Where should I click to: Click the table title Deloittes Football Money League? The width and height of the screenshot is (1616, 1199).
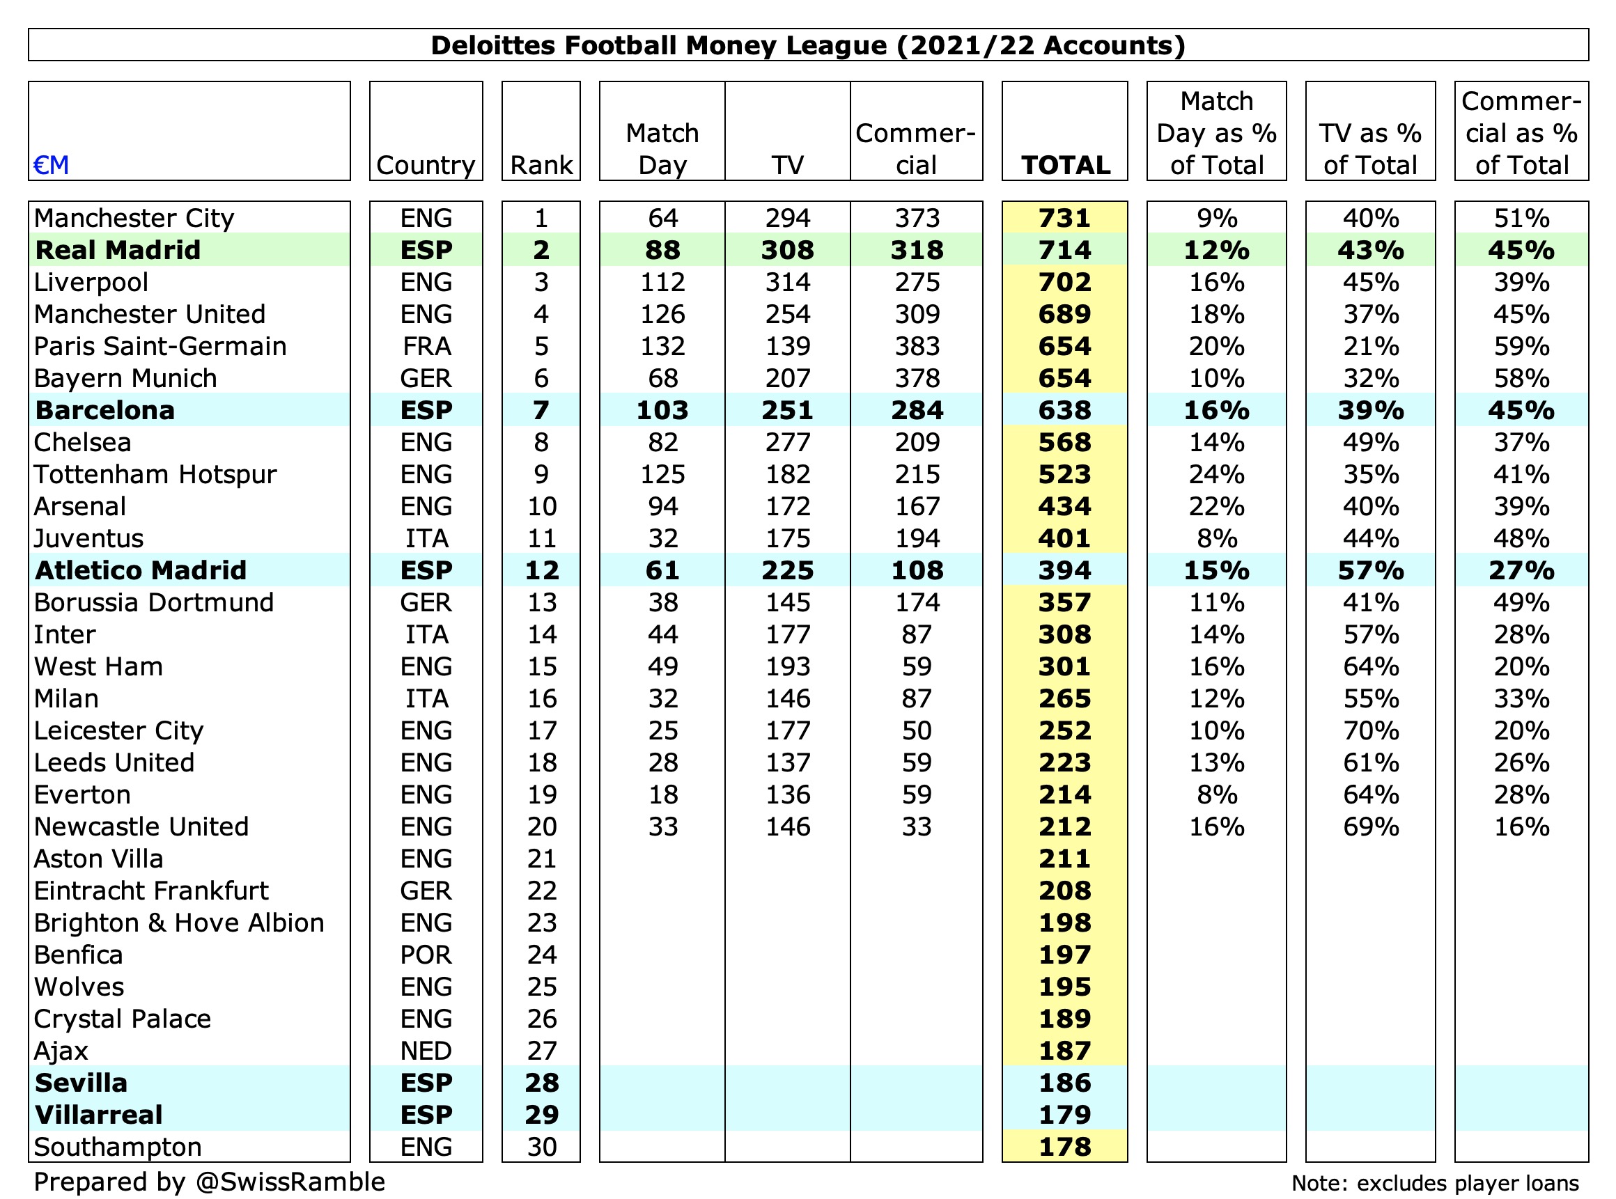(807, 45)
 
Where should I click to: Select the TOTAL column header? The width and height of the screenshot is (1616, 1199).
(1065, 165)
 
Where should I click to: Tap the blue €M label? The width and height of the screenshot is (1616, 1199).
(51, 165)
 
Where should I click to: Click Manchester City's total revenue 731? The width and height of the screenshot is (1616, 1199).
(1064, 218)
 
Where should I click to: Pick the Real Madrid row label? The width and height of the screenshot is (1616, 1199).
(118, 250)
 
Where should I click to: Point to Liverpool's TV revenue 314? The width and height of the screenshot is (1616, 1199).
(788, 281)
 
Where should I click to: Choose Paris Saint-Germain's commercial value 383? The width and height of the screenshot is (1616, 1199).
(917, 346)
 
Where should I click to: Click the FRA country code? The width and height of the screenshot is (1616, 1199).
(426, 346)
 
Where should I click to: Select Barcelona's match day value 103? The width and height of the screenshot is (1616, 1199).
(662, 410)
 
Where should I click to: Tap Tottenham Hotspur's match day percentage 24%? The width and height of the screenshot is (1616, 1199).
(1216, 474)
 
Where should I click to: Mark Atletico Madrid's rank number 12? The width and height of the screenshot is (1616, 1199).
(542, 570)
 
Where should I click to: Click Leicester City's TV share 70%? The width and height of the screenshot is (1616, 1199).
(1371, 730)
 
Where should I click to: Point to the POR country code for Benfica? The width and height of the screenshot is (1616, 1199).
(426, 955)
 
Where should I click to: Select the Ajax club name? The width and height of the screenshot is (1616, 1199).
(61, 1051)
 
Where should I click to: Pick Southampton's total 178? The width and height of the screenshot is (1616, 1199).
(1064, 1147)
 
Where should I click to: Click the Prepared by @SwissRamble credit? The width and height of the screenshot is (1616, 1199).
(209, 1182)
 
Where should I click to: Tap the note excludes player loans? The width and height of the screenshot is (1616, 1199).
(1434, 1183)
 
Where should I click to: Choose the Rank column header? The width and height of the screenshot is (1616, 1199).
(542, 165)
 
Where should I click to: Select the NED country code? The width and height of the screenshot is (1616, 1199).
(426, 1051)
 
